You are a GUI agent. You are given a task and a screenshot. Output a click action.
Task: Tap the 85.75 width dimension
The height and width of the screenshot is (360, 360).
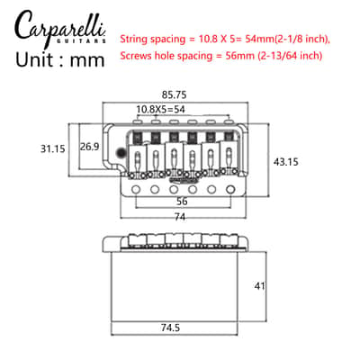tap(174, 94)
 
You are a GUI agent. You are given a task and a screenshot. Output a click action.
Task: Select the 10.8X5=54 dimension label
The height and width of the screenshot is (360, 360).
tap(160, 109)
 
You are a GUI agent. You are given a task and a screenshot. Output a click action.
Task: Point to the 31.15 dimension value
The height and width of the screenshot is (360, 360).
tap(53, 148)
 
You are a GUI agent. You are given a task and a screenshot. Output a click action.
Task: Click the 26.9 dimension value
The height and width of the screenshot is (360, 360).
tap(89, 147)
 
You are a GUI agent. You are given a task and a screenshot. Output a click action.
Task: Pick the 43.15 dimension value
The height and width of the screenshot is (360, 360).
tap(286, 162)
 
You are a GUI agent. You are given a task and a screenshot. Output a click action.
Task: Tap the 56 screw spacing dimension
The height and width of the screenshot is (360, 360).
tap(182, 202)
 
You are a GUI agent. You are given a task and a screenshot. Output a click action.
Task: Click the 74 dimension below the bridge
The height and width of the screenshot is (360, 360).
tap(180, 217)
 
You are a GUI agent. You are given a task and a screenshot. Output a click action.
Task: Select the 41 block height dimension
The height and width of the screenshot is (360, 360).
tap(259, 286)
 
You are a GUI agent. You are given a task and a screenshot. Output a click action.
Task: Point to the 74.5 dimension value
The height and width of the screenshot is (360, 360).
tap(170, 328)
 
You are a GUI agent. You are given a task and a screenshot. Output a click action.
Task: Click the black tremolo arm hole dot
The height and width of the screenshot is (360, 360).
tap(121, 153)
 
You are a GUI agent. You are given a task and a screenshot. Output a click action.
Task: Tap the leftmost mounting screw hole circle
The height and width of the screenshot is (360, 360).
tap(136, 189)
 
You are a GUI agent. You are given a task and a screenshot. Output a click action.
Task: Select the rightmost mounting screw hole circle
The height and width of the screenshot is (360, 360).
tap(230, 189)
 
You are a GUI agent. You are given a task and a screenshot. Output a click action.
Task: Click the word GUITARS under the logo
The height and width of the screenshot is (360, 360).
tap(81, 40)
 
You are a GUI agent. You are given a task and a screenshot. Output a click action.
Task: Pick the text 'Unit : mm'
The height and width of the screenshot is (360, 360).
tap(60, 59)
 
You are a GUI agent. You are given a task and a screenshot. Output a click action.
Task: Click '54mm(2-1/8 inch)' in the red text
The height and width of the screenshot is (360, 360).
tap(287, 39)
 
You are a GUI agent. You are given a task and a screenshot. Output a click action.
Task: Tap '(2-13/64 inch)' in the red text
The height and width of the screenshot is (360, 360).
tap(290, 56)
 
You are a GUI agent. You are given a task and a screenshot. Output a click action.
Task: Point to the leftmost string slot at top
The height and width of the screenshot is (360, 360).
tap(138, 121)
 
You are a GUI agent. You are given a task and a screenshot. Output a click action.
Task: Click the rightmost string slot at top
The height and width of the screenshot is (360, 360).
tap(229, 121)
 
